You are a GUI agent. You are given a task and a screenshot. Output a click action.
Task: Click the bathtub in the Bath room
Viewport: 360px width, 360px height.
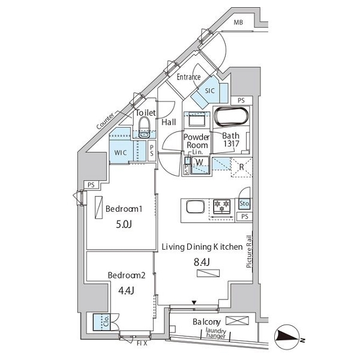[231, 116]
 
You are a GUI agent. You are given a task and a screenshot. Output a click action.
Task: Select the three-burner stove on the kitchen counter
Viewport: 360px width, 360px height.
[221, 206]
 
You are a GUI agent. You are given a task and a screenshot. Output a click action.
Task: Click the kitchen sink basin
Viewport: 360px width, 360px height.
[196, 207]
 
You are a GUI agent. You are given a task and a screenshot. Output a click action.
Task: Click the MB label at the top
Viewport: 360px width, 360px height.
[238, 22]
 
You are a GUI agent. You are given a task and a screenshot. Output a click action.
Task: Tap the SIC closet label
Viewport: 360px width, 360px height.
[209, 91]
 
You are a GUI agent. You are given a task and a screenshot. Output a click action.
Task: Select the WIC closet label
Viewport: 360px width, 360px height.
[121, 152]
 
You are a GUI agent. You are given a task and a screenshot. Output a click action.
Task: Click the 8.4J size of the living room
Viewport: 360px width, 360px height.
[202, 262]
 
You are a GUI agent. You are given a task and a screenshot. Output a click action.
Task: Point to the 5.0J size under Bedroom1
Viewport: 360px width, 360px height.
[124, 224]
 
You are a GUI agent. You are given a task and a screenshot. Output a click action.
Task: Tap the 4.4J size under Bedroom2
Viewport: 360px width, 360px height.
[126, 290]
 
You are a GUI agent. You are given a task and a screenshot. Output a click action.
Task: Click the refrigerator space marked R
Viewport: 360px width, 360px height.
[242, 167]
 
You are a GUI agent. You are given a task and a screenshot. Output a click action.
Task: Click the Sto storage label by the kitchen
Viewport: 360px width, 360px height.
[244, 203]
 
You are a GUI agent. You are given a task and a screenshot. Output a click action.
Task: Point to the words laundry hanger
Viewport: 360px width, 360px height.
[216, 334]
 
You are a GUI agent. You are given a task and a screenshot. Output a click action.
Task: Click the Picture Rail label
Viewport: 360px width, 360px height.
[249, 251]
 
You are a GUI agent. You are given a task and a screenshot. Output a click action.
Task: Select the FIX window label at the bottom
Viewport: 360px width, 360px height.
[142, 344]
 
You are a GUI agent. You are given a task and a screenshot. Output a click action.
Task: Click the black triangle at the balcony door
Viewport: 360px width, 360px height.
[194, 303]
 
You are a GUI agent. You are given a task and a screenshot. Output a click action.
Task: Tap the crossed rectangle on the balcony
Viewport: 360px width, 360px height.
[237, 320]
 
